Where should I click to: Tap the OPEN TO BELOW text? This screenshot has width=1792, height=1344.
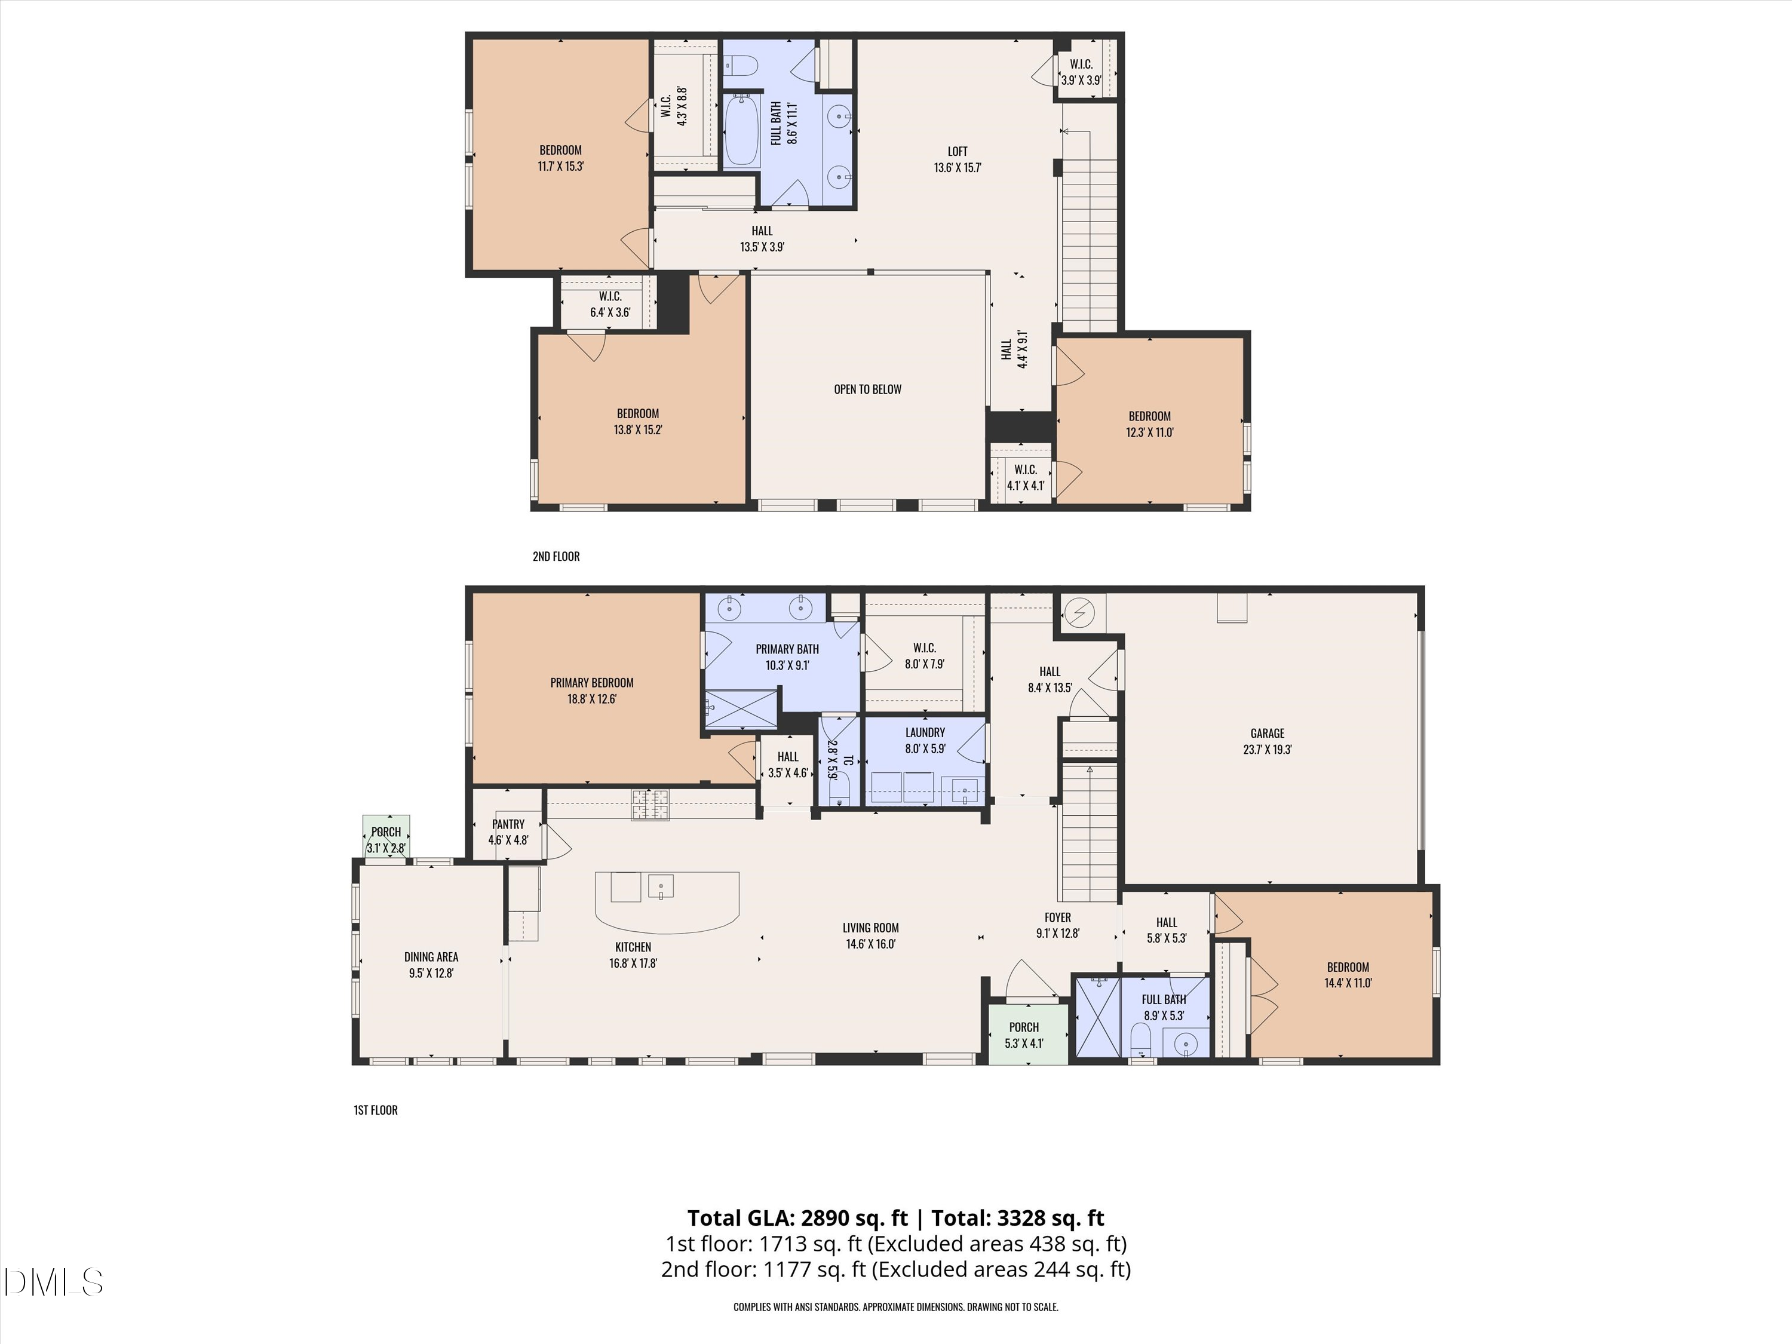(868, 389)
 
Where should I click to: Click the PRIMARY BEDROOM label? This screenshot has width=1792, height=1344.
(591, 683)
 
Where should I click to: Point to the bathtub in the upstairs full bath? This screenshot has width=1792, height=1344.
(741, 130)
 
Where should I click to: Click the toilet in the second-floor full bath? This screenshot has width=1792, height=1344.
(739, 63)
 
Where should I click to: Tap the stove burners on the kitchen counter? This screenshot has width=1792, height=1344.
(651, 805)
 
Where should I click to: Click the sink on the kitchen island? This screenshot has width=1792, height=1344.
(661, 887)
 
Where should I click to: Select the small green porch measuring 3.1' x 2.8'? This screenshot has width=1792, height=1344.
(386, 835)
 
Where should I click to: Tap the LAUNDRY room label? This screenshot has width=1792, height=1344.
(925, 733)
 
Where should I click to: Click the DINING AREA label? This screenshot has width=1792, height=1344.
(431, 958)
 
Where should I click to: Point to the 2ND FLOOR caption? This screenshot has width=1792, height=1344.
(556, 557)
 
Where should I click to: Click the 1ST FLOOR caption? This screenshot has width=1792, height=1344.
(376, 1110)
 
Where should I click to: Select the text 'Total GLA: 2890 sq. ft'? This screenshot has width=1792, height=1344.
(798, 1219)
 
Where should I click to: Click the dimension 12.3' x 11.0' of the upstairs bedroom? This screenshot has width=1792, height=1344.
(1150, 432)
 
